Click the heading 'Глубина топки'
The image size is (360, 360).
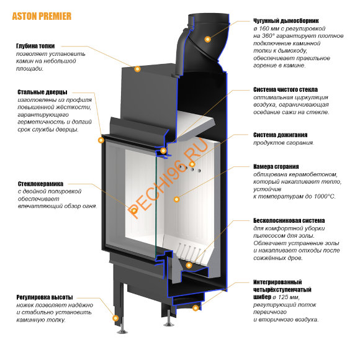(37, 45)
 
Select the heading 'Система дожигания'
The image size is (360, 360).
(281, 134)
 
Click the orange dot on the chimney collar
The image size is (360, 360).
(208, 38)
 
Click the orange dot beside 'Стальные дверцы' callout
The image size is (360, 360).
(101, 140)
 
